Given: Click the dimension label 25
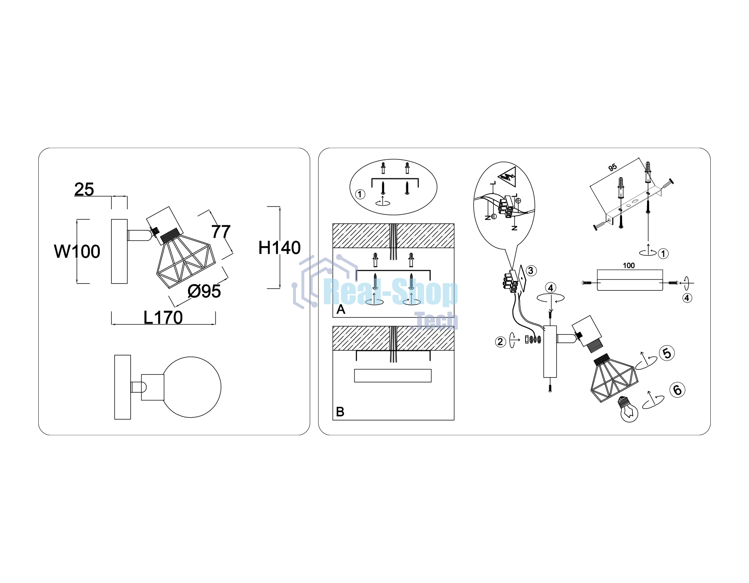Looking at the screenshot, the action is coord(84,189).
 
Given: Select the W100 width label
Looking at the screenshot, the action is coord(77,252).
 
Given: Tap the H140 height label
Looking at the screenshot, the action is coord(279,248).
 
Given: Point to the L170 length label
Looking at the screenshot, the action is coord(163,318).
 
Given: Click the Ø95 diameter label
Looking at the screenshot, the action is coord(204,291).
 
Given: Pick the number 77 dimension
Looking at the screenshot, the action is coord(221,232).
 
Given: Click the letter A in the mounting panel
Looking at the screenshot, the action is coord(341,309).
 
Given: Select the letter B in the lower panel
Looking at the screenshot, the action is coord(340,412).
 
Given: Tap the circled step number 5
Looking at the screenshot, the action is coord(667,353).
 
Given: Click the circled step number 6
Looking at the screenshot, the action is coord(677,390).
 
